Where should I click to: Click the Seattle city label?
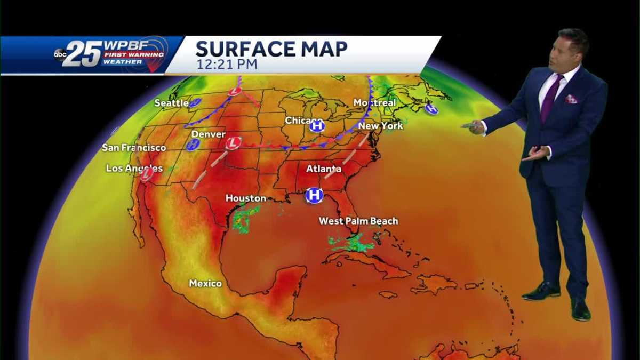(171, 102)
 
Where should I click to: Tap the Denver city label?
(208, 134)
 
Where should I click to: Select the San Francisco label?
(134, 147)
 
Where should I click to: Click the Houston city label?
(245, 198)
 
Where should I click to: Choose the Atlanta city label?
(323, 169)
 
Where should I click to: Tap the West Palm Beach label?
(358, 221)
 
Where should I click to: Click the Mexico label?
(205, 283)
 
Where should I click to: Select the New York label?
(380, 126)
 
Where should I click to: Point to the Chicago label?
(303, 121)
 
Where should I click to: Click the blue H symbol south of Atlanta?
(315, 195)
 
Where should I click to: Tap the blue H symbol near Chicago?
(317, 126)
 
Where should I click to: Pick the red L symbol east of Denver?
(233, 143)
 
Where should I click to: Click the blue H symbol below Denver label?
(193, 145)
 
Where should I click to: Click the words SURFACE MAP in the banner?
(271, 49)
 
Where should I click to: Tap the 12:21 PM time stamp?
(227, 65)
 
